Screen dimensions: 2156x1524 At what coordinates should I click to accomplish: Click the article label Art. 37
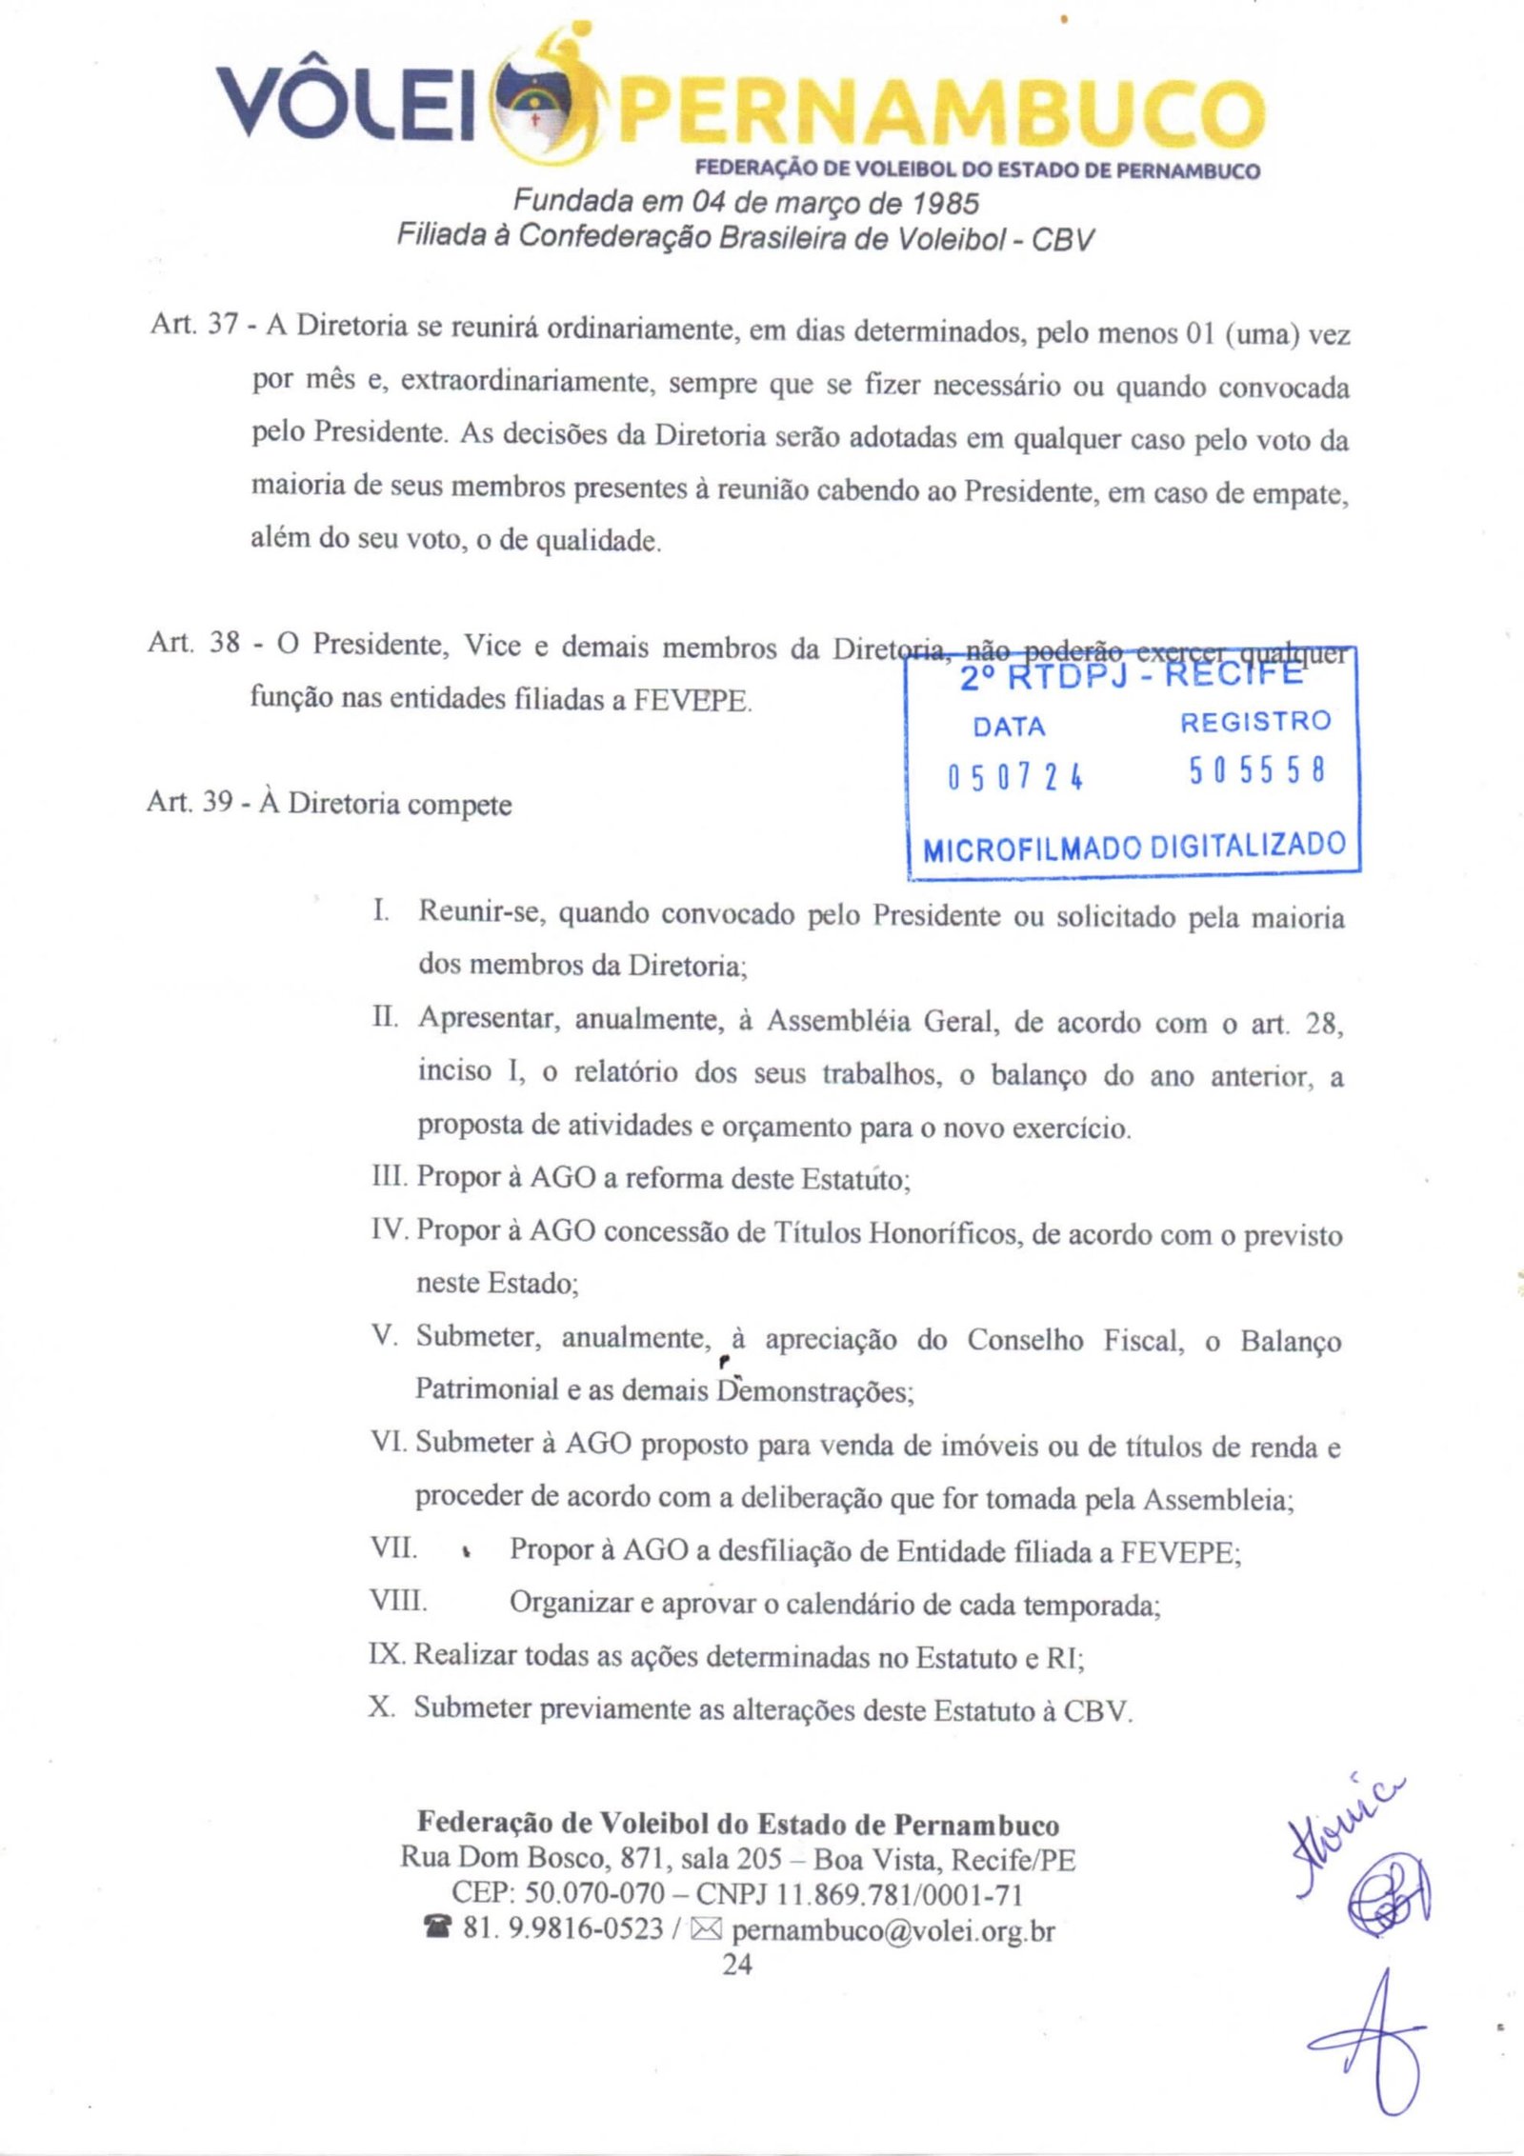click(193, 325)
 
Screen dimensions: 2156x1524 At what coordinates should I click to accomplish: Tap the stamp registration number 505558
click(1256, 771)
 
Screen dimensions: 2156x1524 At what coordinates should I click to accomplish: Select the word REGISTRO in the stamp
click(1255, 722)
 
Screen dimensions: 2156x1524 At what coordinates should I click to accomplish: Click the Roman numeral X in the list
click(382, 1707)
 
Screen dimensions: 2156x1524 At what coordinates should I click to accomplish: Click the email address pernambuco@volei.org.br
click(893, 1930)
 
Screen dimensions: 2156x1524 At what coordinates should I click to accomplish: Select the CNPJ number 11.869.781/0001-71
click(900, 1895)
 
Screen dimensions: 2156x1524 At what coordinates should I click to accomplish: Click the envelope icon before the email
click(706, 1930)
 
